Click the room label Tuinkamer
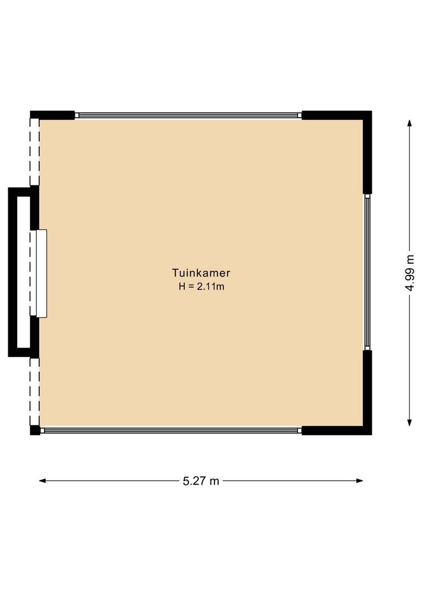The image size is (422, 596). [201, 273]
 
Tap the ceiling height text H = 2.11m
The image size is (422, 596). [201, 286]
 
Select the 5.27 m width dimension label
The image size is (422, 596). [201, 481]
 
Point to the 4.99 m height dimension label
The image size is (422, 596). [409, 273]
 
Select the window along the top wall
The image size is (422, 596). [188, 115]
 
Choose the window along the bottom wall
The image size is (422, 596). [171, 430]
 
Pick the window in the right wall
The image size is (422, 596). [367, 272]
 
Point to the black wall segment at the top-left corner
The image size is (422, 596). [52, 115]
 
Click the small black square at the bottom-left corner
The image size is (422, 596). [35, 430]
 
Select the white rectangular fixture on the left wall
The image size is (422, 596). [40, 273]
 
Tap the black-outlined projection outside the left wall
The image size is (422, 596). [15, 272]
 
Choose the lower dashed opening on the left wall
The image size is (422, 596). [35, 391]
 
